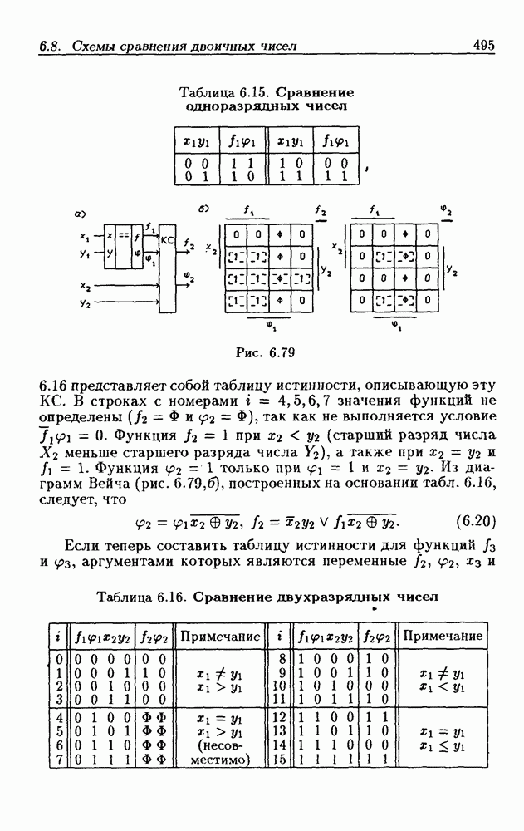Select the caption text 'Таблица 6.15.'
click(x=213, y=91)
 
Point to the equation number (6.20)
click(x=477, y=523)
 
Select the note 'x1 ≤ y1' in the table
click(x=441, y=745)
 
